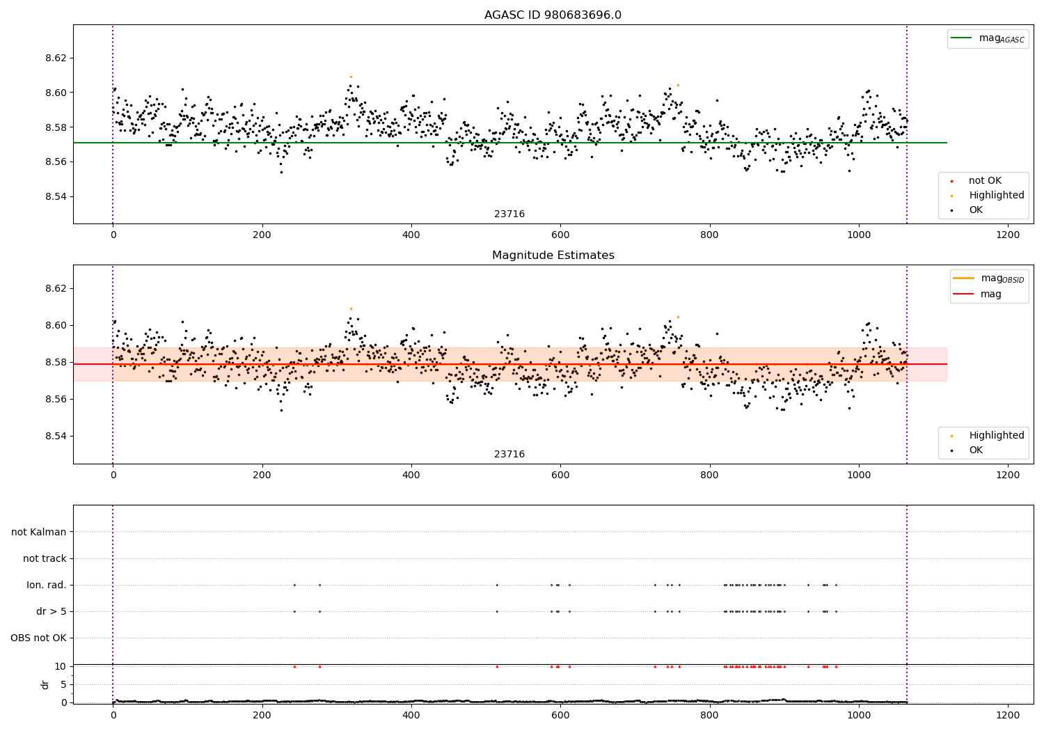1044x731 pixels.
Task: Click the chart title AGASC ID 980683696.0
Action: click(553, 15)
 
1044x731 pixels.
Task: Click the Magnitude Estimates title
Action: click(553, 256)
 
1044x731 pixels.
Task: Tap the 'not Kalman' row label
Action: click(39, 533)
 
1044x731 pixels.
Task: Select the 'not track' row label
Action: click(45, 559)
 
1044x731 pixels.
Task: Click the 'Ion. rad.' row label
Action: click(47, 585)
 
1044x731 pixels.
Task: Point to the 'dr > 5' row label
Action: click(52, 612)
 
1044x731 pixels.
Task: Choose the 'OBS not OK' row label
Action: click(39, 638)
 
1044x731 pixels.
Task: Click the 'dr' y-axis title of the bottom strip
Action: click(45, 684)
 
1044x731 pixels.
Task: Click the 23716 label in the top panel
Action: click(509, 214)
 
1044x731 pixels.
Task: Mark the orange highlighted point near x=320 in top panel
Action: click(351, 77)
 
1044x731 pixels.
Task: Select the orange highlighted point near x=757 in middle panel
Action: click(678, 317)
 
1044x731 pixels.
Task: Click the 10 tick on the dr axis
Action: click(61, 666)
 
